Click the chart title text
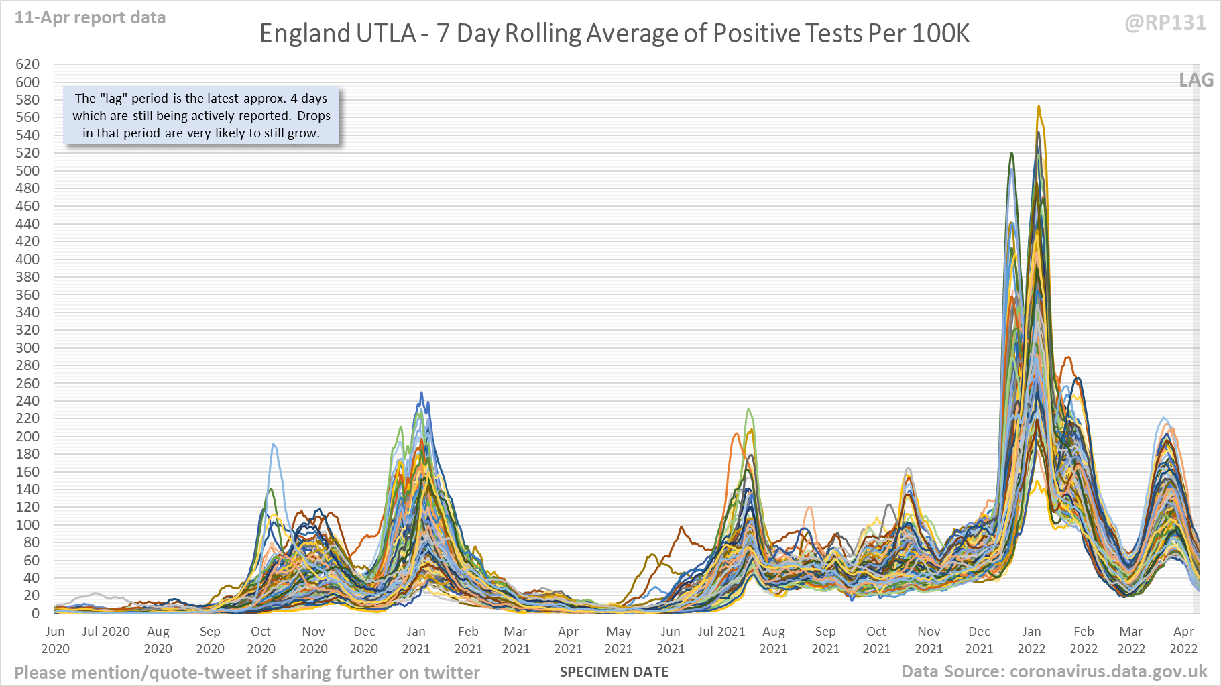(614, 34)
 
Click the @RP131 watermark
(1165, 23)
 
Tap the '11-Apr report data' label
(91, 18)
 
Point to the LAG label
(1196, 80)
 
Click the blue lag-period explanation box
(201, 115)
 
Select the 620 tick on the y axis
(27, 64)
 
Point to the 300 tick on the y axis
(27, 347)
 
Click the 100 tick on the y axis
(27, 524)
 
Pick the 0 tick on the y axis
(35, 613)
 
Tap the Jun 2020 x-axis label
(55, 640)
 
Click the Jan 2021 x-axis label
(416, 640)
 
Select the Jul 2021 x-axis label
(721, 632)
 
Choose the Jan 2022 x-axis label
(1031, 640)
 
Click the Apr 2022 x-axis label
(1183, 640)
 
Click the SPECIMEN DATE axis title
(614, 671)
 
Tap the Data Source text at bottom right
(1054, 671)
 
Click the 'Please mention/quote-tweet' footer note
(247, 673)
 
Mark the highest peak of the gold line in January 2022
(1039, 106)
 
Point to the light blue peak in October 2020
(273, 444)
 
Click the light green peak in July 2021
(748, 409)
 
